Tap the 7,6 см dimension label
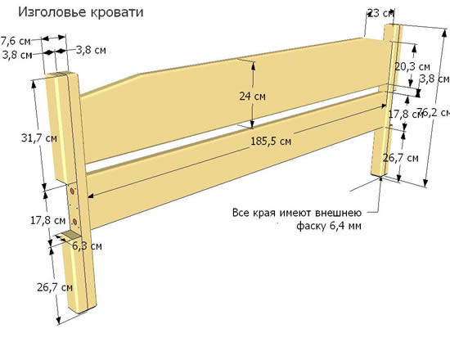point(16,41)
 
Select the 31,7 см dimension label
point(39,138)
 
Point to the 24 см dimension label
point(252,97)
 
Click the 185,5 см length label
point(271,142)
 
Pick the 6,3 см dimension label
point(87,246)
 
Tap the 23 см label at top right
point(380,13)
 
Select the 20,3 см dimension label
point(412,66)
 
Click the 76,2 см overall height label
point(434,112)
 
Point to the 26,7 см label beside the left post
point(55,287)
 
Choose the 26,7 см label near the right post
point(401,158)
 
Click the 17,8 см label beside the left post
point(48,220)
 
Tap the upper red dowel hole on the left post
point(72,191)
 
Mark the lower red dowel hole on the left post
point(75,222)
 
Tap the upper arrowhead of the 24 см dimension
point(253,65)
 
